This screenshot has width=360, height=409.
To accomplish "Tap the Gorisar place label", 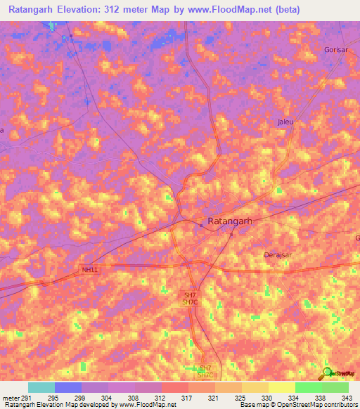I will point(336,50).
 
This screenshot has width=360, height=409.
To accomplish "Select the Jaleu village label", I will point(285,122).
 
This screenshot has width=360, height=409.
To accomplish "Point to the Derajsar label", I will point(276,254).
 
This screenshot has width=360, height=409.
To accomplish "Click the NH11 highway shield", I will point(89,269).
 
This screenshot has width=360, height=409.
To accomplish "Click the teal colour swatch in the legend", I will point(41,387).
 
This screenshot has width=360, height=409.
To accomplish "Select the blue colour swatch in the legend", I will point(67,387).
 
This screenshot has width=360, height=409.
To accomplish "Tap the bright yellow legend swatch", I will point(281,387).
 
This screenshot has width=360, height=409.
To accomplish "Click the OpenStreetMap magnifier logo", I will point(328,373).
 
